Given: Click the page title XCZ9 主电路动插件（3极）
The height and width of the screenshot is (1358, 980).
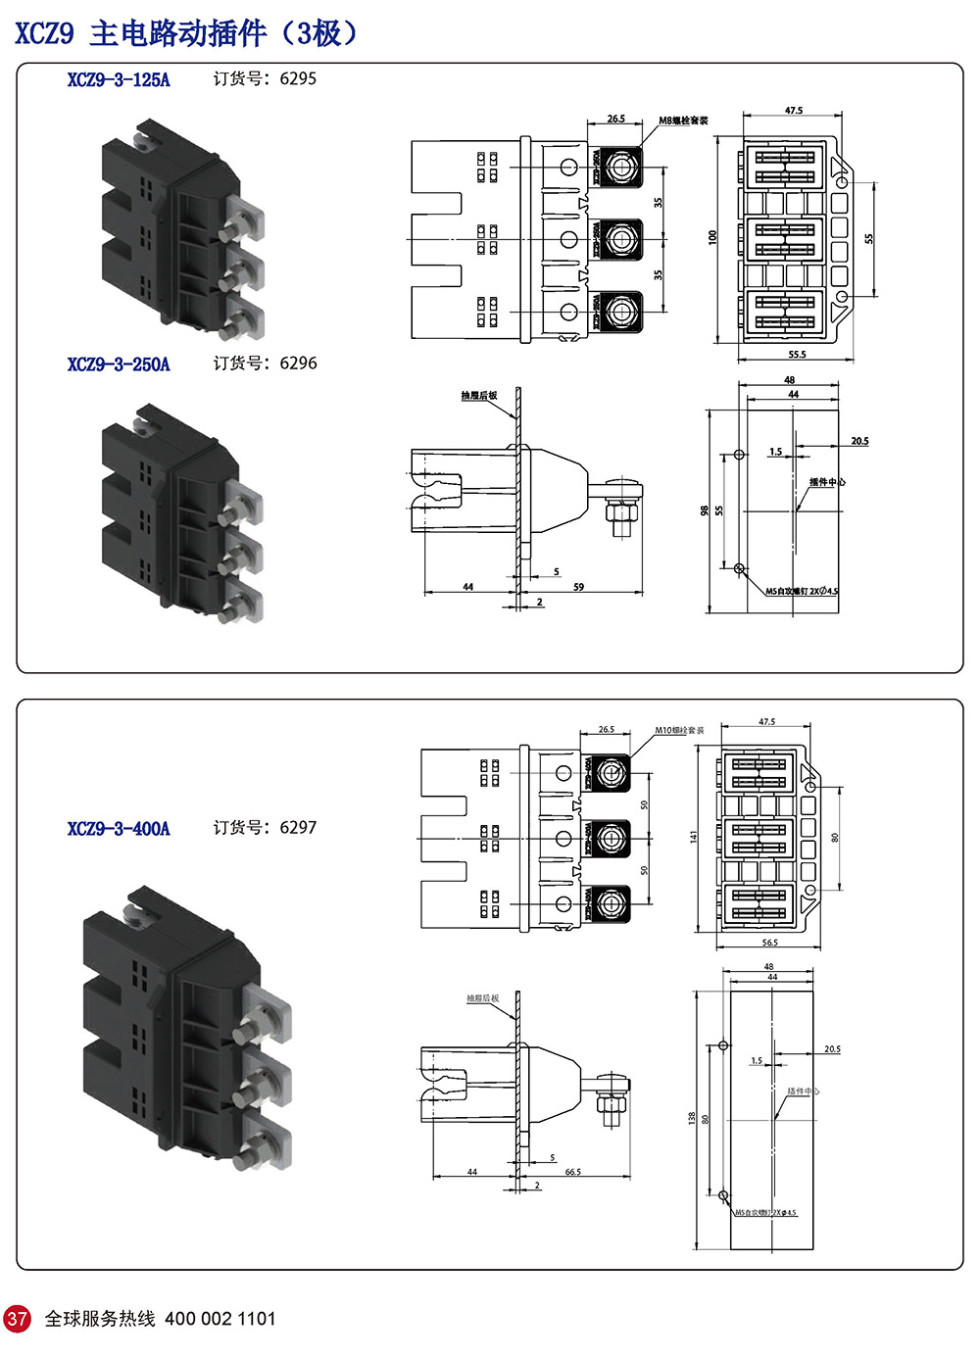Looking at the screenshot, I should [x=186, y=33].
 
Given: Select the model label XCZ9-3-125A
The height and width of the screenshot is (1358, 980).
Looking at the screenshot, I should [x=119, y=80].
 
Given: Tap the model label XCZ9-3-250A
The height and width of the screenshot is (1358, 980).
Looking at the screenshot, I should [x=119, y=364].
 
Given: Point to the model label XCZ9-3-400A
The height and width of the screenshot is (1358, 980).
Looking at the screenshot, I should [x=119, y=829].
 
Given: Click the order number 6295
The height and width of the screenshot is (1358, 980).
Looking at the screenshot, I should [x=298, y=79].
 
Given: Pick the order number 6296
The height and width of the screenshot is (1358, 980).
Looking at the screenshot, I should [x=298, y=364].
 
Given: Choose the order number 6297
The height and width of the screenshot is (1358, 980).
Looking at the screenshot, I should [x=298, y=828].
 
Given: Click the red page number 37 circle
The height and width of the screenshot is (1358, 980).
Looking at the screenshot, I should [x=18, y=1318].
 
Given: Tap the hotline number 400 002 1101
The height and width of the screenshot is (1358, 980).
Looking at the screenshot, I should [x=220, y=1319].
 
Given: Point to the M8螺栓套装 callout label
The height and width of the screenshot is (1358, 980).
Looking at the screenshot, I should [x=683, y=121].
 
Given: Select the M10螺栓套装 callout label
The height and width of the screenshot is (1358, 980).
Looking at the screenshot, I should [x=679, y=730].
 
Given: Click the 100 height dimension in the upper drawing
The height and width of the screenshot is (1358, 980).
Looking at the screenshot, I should [x=713, y=237].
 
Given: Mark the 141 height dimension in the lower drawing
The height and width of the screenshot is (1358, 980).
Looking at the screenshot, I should [x=694, y=837].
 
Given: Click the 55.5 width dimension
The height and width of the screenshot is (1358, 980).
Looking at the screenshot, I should [x=797, y=355].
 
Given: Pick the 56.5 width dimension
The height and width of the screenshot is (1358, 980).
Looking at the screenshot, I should [x=769, y=943].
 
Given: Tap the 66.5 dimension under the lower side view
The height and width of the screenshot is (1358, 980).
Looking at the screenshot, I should [x=572, y=1172].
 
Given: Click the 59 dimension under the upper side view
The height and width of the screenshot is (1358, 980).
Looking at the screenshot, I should [x=578, y=587].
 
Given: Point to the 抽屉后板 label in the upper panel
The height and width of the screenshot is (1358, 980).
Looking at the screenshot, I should [x=479, y=396].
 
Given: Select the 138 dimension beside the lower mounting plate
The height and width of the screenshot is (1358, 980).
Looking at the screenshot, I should [x=692, y=1118].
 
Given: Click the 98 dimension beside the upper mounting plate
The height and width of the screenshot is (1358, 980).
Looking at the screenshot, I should [x=705, y=511].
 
